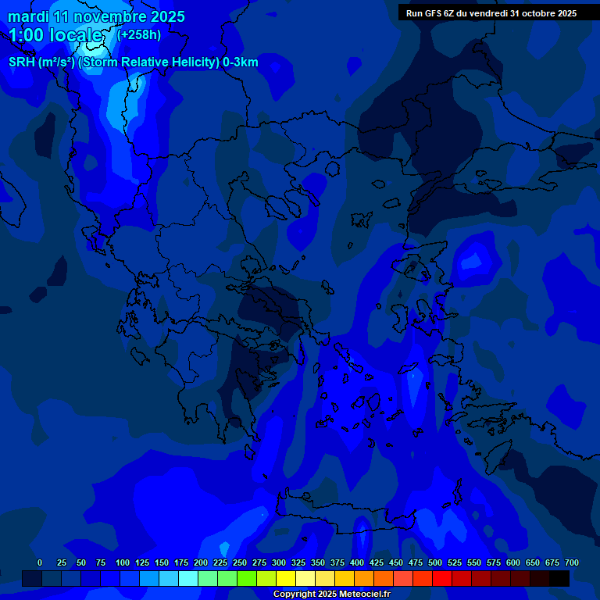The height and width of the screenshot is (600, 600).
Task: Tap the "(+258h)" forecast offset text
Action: coord(139,34)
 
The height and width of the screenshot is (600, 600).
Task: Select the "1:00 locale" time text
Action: coord(55,35)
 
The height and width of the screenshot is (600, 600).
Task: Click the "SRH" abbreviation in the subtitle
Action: coord(22,62)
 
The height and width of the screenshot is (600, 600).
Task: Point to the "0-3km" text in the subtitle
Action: coord(241,62)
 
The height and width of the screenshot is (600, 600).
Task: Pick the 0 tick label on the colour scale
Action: coord(40,562)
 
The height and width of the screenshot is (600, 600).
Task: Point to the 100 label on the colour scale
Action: coord(123,562)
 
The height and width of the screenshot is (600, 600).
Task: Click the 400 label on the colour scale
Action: coord(357,562)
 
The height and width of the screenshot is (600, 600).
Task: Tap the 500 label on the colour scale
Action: coord(435,562)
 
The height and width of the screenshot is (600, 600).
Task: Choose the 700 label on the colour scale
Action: coord(572,562)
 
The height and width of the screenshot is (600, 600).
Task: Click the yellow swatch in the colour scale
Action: coord(286,578)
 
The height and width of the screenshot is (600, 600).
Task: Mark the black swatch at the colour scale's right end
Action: coord(559,578)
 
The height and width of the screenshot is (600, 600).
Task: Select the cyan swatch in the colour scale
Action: coord(188,578)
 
